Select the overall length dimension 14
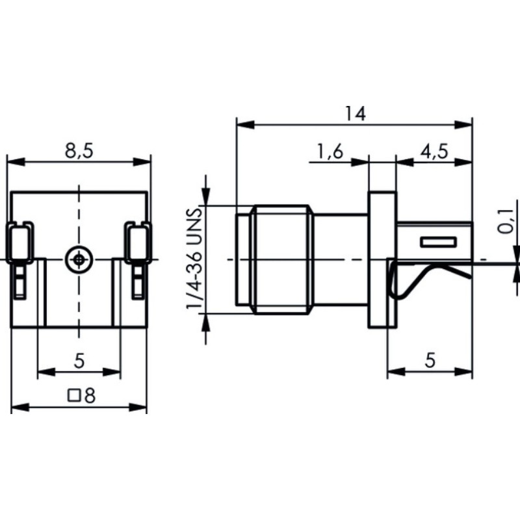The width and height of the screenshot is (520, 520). (356, 113)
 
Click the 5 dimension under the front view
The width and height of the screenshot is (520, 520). (79, 361)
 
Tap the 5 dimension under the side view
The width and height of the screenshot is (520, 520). (430, 361)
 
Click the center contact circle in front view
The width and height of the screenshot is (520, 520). (79, 259)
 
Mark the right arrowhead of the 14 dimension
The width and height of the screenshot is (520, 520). (467, 123)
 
